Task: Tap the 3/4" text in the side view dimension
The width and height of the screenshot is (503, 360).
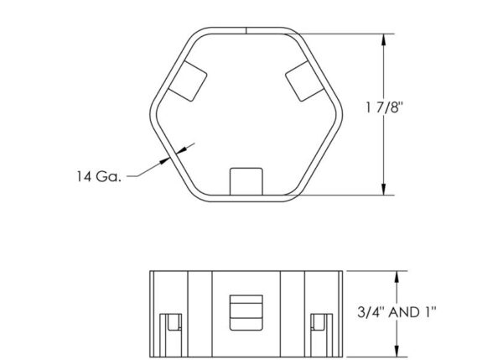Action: pos(360,312)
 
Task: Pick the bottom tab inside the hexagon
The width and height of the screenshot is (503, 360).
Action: pos(246,180)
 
